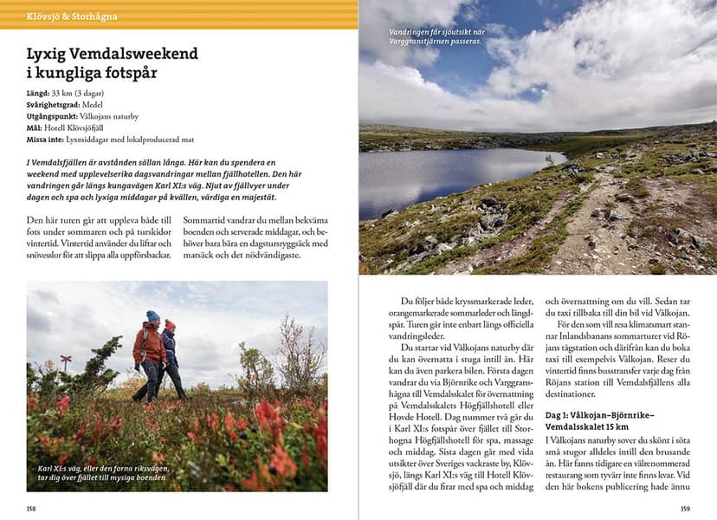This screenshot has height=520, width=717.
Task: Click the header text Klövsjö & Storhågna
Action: (x=72, y=16)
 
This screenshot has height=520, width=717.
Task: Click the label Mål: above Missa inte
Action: (x=36, y=127)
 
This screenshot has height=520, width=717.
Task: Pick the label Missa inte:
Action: (x=48, y=139)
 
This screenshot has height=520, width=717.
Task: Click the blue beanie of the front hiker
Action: (x=152, y=316)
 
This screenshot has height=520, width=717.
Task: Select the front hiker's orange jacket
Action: (x=149, y=342)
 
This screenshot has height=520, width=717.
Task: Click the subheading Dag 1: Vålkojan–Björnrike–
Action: (x=599, y=415)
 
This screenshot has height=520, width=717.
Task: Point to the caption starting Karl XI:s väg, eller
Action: (x=102, y=472)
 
